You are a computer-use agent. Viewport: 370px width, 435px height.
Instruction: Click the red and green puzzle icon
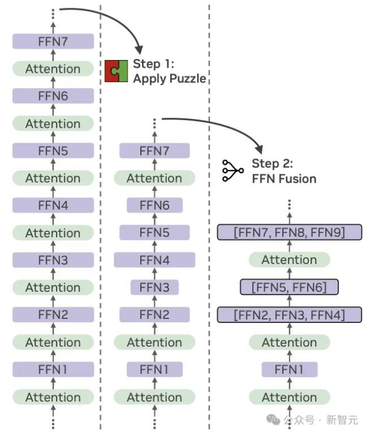tap(116, 71)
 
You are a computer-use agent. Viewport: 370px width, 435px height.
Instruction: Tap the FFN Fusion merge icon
tap(233, 170)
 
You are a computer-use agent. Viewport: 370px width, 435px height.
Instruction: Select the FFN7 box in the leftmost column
tap(53, 42)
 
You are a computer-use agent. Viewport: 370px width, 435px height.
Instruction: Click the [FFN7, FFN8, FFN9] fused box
tap(289, 232)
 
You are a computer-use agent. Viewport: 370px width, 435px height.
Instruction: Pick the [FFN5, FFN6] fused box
tap(289, 287)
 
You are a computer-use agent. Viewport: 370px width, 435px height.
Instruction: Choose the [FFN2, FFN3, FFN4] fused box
tap(289, 315)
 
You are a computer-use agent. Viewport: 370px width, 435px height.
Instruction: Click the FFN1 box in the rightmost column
tap(289, 369)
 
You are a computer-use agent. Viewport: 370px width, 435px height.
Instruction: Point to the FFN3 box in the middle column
tap(154, 287)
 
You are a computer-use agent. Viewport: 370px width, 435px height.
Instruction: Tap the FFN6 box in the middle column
tap(154, 205)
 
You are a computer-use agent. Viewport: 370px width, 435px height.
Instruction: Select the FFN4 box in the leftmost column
tap(53, 205)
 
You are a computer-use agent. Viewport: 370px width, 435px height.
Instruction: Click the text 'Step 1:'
tap(154, 64)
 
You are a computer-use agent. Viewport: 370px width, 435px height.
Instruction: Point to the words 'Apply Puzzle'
tap(169, 79)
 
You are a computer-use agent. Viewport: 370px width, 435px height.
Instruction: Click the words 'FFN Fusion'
tap(284, 179)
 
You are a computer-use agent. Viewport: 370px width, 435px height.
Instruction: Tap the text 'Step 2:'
tap(272, 163)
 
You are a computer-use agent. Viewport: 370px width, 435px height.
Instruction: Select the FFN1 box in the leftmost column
tap(53, 369)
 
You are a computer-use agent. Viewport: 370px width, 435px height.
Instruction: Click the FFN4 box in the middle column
tap(154, 260)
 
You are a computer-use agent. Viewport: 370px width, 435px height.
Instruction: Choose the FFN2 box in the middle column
tap(154, 315)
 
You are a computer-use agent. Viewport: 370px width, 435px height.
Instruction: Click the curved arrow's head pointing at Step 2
tap(259, 149)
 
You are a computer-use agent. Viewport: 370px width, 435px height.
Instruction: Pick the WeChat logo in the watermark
tap(273, 419)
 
